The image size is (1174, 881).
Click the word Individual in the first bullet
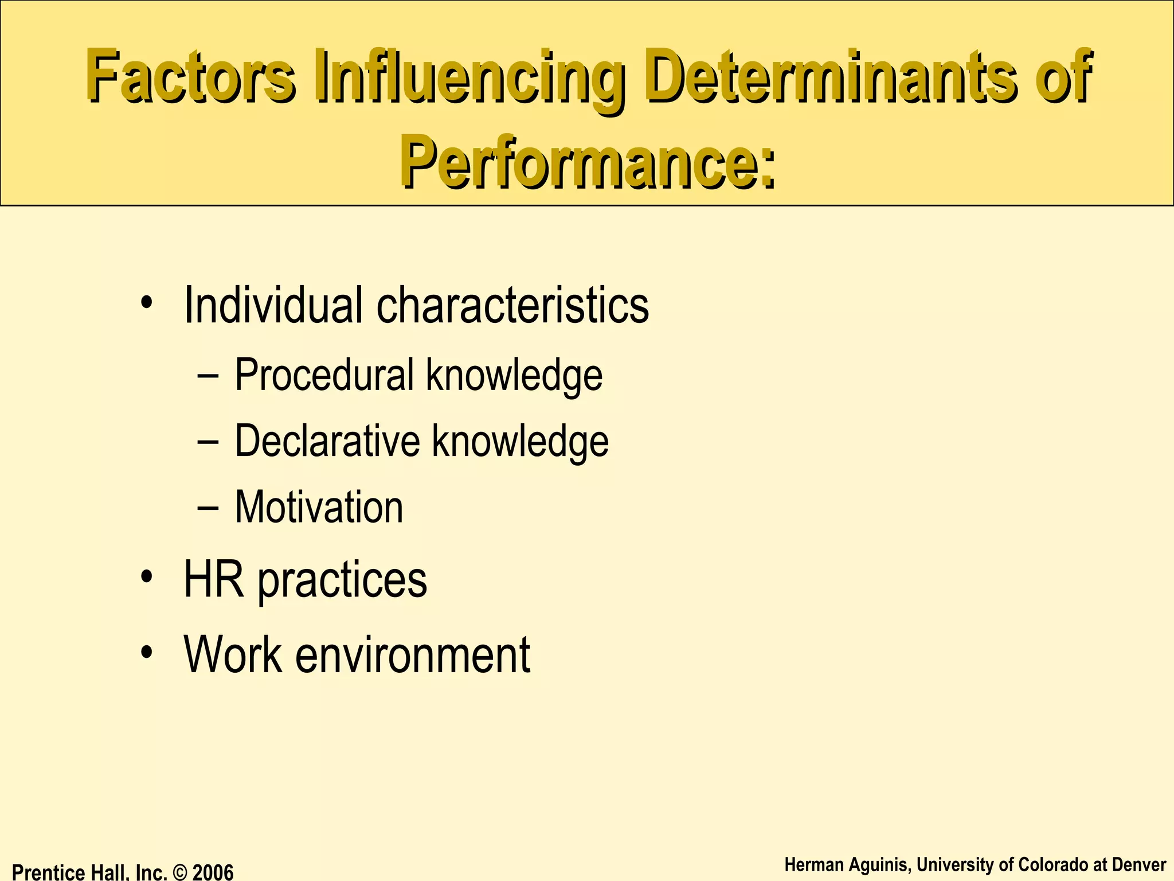[273, 305]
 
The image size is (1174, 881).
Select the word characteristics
[512, 305]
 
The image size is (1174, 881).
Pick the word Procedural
[324, 375]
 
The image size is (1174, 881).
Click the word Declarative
[327, 440]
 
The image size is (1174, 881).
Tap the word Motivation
[319, 507]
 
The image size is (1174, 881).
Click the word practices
[342, 580]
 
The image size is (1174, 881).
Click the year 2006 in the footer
[213, 872]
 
